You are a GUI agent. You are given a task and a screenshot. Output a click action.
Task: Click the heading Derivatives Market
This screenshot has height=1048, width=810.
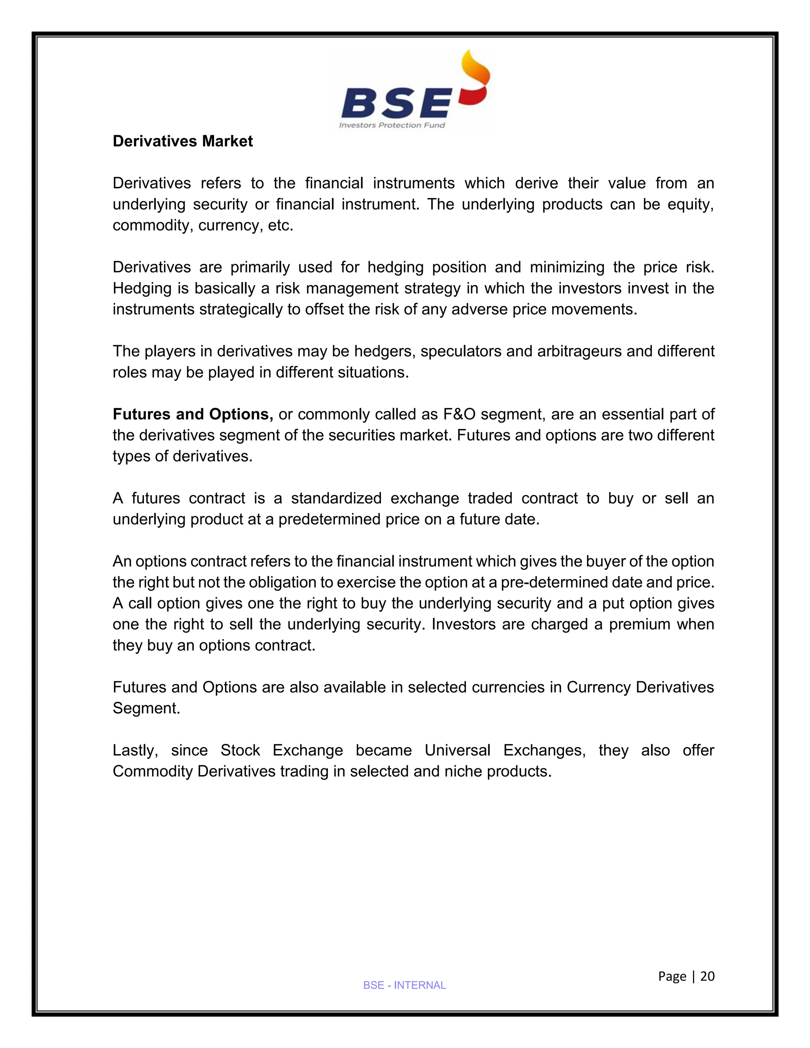click(x=182, y=142)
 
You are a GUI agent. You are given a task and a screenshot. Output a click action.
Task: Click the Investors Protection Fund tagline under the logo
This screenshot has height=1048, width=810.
click(x=392, y=125)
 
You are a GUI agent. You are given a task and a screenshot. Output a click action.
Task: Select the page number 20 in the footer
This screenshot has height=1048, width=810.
click(x=707, y=976)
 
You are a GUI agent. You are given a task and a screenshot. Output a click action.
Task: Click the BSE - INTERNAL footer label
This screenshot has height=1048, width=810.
click(x=405, y=985)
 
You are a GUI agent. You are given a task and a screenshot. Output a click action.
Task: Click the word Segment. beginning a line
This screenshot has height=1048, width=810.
click(x=146, y=708)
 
